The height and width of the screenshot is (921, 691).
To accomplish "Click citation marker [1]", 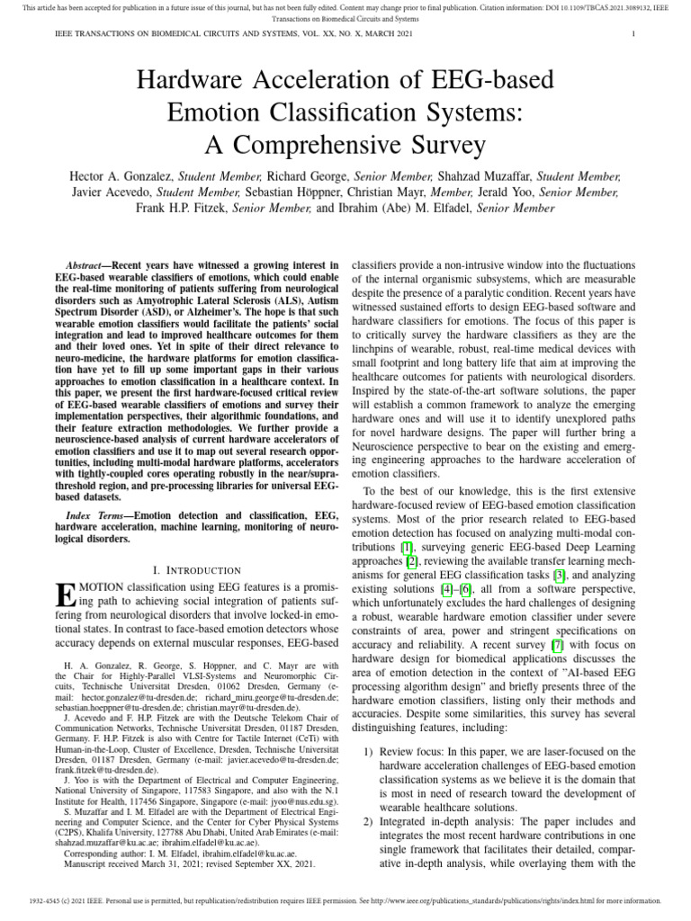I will click(407, 545).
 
